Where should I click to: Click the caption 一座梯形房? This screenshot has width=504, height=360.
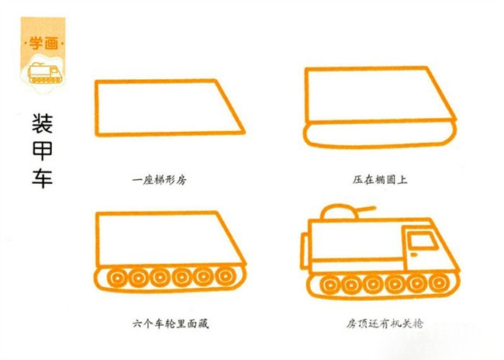160,180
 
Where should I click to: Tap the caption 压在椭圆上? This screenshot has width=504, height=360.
380,179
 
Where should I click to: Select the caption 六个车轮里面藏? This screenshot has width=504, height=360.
171,323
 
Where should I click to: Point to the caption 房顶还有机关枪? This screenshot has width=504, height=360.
385,323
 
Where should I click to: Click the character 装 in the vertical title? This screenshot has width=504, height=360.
43,123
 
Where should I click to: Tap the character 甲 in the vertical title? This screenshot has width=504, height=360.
43,151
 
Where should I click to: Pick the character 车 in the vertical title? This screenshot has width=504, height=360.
43,178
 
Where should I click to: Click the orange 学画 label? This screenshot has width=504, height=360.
43,43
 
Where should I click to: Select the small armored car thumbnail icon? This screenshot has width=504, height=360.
45,73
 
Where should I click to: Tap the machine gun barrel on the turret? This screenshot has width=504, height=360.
366,209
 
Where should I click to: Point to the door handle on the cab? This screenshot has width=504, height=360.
414,255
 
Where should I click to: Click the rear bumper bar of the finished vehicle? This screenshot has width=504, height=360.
304,251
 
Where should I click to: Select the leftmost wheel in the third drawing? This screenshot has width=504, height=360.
117,278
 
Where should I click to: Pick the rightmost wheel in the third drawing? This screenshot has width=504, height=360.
226,276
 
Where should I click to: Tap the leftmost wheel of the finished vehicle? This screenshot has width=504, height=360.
330,285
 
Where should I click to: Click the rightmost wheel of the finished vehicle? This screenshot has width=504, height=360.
438,282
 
